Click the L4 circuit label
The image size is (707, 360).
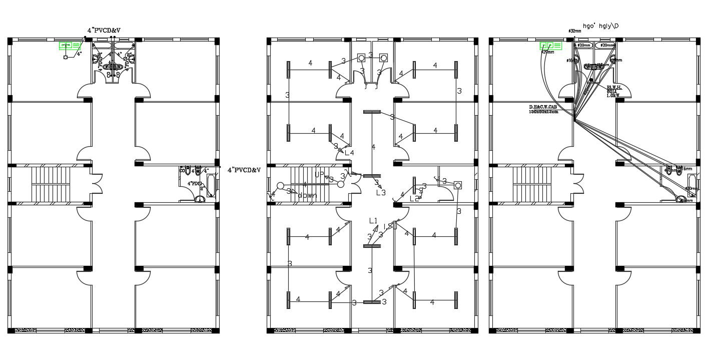coord(349,153)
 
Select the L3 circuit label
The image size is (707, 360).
coord(381,192)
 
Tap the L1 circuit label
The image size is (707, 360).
coord(373,220)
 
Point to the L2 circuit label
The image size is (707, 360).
coord(414,199)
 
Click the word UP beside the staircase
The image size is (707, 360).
coord(319,174)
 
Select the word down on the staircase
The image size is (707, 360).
coord(307,196)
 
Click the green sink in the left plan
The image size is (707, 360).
coord(70,46)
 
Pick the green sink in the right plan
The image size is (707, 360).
coord(550,46)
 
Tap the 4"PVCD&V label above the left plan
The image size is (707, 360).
coord(104,31)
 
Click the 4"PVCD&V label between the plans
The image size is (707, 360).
coord(244,170)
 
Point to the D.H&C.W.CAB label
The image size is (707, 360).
coord(543,109)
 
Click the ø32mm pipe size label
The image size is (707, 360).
coord(574,31)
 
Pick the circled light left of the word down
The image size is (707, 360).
coord(280,186)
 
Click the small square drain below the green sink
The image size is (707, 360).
coord(65,58)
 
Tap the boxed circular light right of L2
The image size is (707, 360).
coord(458,185)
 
